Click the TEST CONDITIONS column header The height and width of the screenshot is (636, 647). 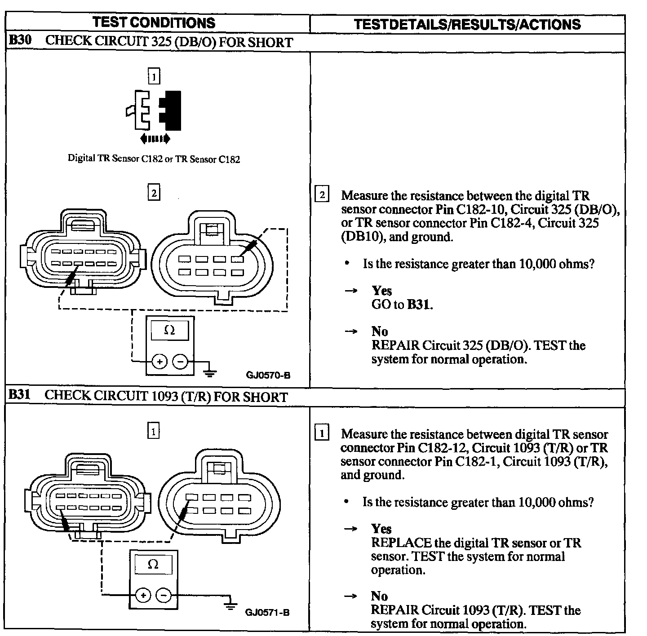click(154, 23)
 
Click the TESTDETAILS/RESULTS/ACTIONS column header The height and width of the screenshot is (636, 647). click(467, 24)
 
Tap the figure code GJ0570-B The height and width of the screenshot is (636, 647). click(268, 375)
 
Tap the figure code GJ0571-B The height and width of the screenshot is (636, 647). click(267, 613)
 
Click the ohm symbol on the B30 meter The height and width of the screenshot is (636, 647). click(169, 331)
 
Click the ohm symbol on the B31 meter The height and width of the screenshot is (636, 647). click(153, 564)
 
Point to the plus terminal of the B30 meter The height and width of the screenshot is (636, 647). click(160, 361)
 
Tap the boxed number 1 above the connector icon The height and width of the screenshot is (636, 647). click(154, 77)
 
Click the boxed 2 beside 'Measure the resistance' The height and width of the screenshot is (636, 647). click(323, 195)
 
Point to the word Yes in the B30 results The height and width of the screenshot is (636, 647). click(381, 291)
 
